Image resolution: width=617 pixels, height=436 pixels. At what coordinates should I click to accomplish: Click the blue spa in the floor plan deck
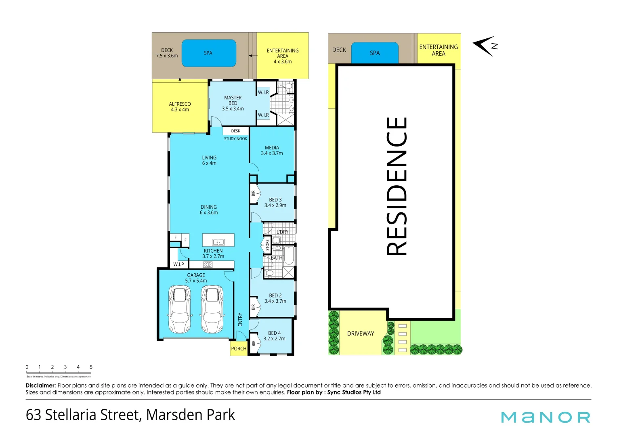(208, 53)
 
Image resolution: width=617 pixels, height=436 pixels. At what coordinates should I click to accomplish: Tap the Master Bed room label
(233, 103)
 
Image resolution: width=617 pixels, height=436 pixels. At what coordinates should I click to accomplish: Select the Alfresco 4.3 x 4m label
(180, 107)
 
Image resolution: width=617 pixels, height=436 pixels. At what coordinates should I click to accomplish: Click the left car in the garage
(180, 309)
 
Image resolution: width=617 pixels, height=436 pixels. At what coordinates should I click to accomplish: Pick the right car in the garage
(212, 309)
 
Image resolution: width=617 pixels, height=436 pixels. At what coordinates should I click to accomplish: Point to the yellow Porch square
(239, 348)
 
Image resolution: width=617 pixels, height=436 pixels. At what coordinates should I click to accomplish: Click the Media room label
(272, 150)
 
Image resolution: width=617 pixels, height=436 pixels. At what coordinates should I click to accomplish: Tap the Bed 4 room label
(274, 336)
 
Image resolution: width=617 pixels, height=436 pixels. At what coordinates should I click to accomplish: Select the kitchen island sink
(218, 242)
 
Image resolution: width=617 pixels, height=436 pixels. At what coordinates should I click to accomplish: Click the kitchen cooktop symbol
(208, 264)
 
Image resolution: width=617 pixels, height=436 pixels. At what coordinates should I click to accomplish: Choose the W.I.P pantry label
(178, 264)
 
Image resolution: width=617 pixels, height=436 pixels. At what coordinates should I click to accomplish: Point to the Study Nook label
(236, 138)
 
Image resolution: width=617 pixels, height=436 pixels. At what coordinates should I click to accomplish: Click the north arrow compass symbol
(485, 46)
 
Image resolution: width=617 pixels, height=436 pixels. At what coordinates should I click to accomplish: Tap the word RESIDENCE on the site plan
(397, 186)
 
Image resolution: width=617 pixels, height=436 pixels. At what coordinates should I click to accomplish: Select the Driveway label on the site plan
(361, 333)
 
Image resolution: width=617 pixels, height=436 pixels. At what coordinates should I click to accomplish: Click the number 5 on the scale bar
(91, 367)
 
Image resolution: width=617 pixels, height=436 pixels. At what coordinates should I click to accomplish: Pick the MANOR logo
(546, 417)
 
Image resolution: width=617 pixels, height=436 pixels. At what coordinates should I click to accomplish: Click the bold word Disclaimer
(41, 386)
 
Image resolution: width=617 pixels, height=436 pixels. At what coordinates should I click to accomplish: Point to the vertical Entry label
(240, 319)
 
